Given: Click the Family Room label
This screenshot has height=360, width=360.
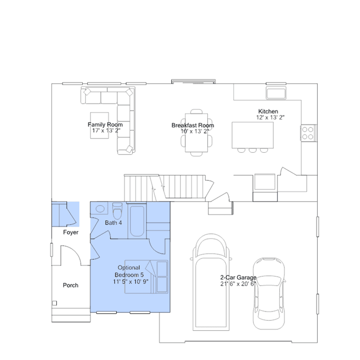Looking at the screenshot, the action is [105, 125].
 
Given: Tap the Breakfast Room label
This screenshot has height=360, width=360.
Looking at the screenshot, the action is [193, 126].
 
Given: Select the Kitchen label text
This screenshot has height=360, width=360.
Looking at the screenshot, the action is [268, 112].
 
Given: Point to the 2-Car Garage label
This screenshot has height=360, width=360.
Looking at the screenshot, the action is [238, 277].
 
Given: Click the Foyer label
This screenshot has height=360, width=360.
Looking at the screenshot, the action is [71, 232].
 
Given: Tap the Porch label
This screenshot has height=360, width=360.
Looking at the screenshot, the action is [70, 285].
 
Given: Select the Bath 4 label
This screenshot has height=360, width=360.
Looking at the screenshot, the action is [113, 223].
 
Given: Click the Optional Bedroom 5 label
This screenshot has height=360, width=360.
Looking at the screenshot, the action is [129, 271].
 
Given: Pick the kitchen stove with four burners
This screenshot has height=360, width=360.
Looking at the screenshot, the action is [308, 133].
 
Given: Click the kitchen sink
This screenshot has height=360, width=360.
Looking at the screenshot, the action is [276, 93].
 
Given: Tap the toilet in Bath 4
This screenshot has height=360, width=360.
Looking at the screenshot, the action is [117, 211].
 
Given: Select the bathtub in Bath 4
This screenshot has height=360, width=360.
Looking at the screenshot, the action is [137, 221].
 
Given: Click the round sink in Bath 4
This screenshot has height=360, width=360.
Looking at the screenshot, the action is [100, 208].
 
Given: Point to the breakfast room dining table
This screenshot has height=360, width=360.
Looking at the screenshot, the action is [196, 133].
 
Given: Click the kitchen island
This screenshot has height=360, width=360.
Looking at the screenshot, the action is [252, 135].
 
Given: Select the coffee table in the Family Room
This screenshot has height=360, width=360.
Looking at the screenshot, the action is [99, 126].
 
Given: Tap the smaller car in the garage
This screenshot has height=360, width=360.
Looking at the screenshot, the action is [269, 294].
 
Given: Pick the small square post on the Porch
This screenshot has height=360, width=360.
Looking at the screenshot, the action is [55, 303].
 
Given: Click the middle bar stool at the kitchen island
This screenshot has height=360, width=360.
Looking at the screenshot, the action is [252, 150].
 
